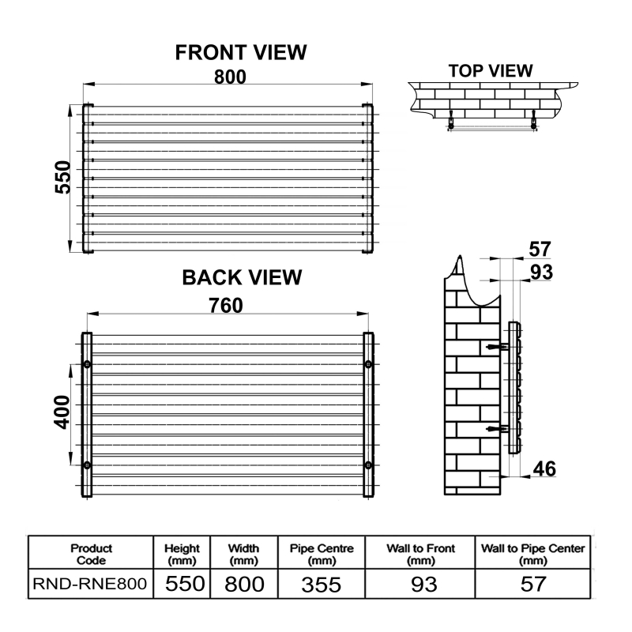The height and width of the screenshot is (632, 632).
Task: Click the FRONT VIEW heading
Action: pyautogui.click(x=241, y=52)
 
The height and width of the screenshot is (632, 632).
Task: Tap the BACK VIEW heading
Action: pyautogui.click(x=242, y=278)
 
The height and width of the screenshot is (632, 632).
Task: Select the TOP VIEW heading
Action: pyautogui.click(x=491, y=71)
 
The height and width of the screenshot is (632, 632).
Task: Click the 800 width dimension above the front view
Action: pyautogui.click(x=230, y=77)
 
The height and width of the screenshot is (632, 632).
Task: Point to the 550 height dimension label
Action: pyautogui.click(x=63, y=177)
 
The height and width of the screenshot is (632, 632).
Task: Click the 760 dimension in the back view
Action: pyautogui.click(x=226, y=306)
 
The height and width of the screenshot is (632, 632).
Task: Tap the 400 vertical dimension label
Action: pyautogui.click(x=62, y=412)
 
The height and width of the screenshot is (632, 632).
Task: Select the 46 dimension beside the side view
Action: pyautogui.click(x=544, y=468)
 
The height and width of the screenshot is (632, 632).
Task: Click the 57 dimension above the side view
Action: pyautogui.click(x=540, y=249)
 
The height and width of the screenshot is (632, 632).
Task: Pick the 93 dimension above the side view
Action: pyautogui.click(x=541, y=272)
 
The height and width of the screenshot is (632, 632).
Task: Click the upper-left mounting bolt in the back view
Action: pyautogui.click(x=87, y=364)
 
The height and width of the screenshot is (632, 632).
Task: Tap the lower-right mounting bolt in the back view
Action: pyautogui.click(x=368, y=465)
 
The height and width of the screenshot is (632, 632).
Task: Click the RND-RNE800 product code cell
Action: pyautogui.click(x=90, y=584)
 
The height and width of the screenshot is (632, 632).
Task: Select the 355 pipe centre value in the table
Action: pyautogui.click(x=322, y=585)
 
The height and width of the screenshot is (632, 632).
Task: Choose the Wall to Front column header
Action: pyautogui.click(x=420, y=555)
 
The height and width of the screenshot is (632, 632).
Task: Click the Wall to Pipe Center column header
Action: pyautogui.click(x=532, y=555)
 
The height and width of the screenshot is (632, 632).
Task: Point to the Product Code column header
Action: pyautogui.click(x=91, y=555)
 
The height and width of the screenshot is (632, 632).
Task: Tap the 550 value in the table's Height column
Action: pyautogui.click(x=185, y=584)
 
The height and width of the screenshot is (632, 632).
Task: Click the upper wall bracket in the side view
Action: pyautogui.click(x=498, y=347)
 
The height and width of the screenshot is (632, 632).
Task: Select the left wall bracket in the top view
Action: pyautogui.click(x=451, y=120)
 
